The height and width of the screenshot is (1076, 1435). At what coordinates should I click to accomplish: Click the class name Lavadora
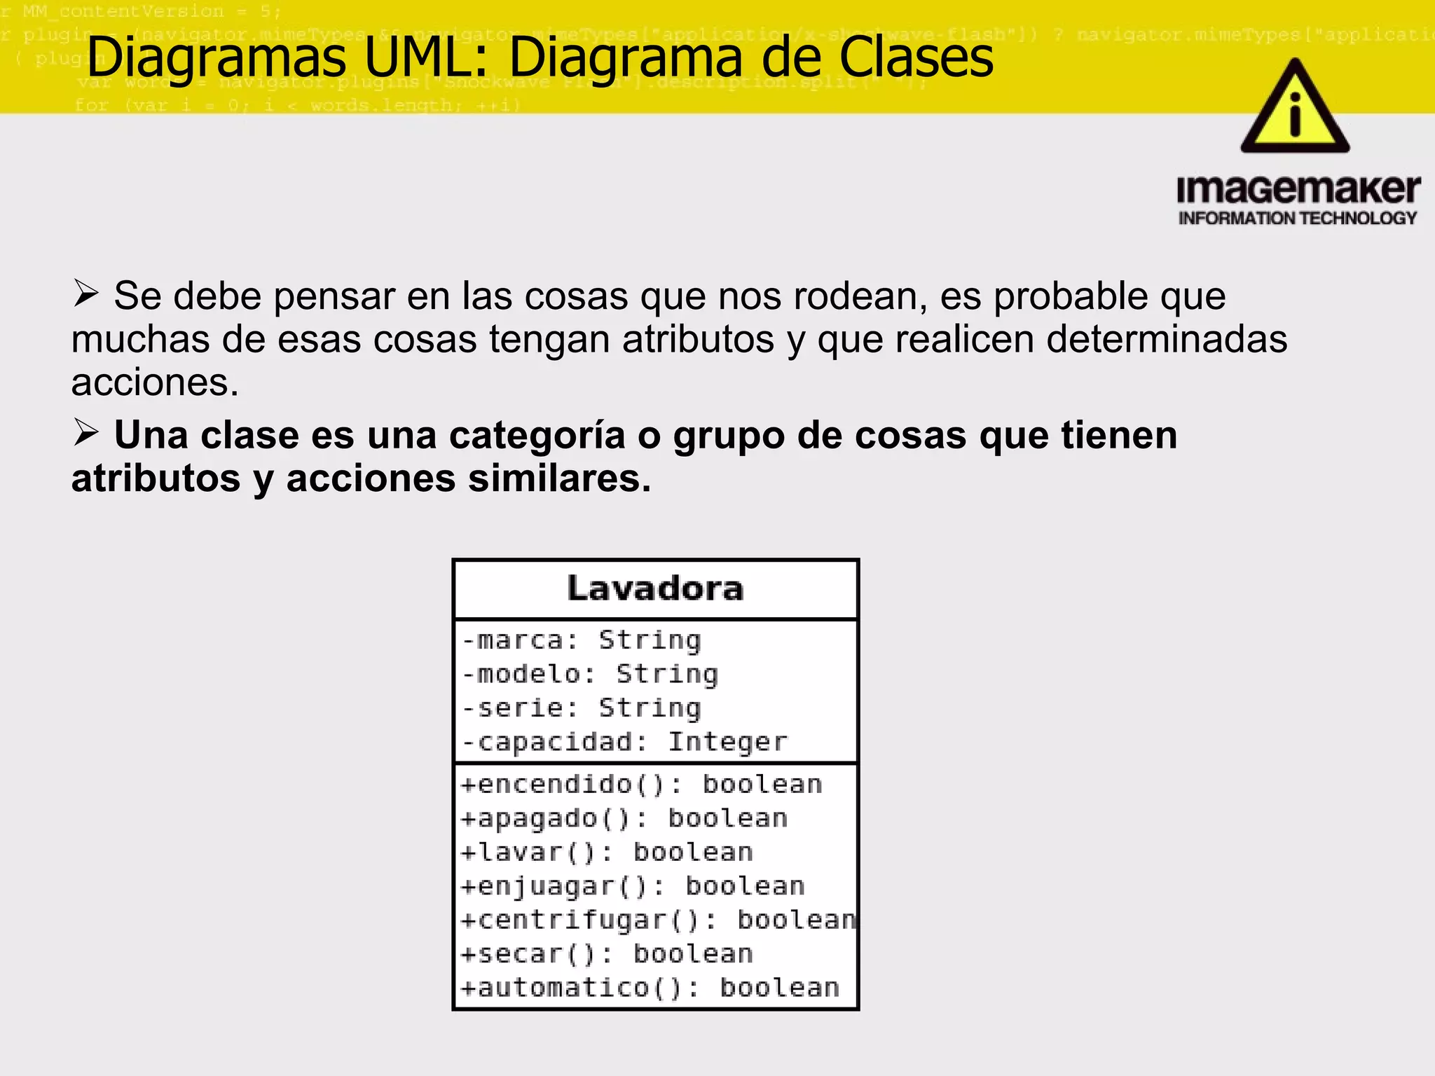655,588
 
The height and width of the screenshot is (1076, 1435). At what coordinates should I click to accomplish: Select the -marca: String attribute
582,640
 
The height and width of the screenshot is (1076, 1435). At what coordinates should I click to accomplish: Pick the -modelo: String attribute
591,674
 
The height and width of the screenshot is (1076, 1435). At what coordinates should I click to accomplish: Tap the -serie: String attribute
582,708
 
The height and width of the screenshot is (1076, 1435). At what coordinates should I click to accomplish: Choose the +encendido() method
641,785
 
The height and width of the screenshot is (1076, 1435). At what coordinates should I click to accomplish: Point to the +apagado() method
624,818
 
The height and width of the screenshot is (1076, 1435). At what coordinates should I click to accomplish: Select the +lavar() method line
607,853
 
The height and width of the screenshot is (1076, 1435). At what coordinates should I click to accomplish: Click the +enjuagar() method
633,886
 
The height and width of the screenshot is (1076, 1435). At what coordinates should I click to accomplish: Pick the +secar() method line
607,954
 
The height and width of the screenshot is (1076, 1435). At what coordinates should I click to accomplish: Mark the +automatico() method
650,988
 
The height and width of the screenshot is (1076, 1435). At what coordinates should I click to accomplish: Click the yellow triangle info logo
1295,109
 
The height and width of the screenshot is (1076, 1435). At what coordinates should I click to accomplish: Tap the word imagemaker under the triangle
1298,190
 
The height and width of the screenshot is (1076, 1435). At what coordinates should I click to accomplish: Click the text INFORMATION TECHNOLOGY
1298,219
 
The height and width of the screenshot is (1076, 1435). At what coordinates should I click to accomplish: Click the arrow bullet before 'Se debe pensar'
85,294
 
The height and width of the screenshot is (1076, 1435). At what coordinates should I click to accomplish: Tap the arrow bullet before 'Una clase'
85,433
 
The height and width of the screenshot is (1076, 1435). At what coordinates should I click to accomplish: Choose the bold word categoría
537,436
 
